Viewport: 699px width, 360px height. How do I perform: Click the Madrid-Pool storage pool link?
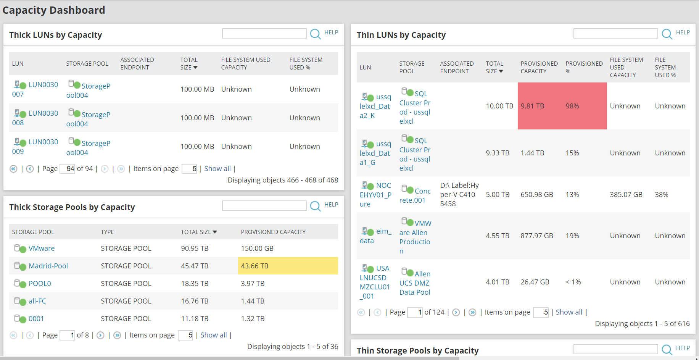click(x=48, y=266)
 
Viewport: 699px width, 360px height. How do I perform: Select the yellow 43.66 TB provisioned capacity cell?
click(x=288, y=266)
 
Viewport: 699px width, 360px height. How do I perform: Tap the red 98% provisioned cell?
click(x=572, y=106)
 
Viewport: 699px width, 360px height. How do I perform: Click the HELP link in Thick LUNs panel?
click(x=331, y=32)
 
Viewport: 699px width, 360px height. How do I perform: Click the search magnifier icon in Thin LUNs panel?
click(x=667, y=34)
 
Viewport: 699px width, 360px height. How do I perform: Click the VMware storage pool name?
click(x=42, y=249)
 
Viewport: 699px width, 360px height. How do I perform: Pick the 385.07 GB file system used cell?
click(x=626, y=195)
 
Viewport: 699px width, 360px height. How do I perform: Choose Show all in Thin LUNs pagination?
click(x=569, y=312)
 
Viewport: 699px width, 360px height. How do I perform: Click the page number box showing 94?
click(x=68, y=169)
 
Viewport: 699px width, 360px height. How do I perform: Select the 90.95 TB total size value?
click(x=195, y=249)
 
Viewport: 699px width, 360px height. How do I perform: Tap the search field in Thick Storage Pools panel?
click(x=264, y=206)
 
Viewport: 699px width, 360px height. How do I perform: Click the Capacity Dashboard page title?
click(x=54, y=10)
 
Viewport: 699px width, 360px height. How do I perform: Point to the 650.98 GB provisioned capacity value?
click(x=536, y=195)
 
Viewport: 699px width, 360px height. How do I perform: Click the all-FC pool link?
click(x=37, y=301)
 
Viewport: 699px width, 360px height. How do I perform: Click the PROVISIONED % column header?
click(x=584, y=67)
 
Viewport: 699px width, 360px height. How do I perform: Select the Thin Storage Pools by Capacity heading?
click(x=417, y=350)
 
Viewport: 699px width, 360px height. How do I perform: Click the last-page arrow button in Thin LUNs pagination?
click(x=472, y=312)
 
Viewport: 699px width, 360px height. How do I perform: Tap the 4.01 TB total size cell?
click(x=497, y=282)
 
